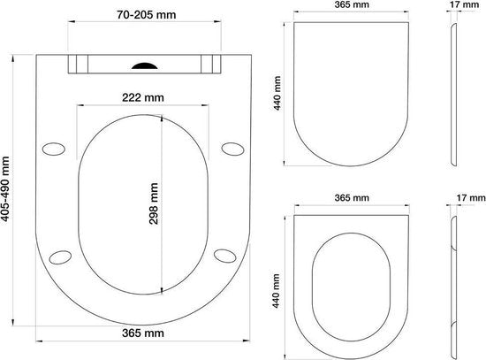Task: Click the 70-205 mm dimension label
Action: click(x=147, y=14)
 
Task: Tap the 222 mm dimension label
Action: click(x=143, y=98)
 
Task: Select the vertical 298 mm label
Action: click(x=154, y=203)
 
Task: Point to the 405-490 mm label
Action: click(x=5, y=189)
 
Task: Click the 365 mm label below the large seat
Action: click(x=143, y=333)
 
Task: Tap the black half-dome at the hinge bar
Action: click(x=145, y=65)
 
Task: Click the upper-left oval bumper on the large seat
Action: click(x=54, y=149)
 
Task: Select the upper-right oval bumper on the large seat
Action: click(x=232, y=149)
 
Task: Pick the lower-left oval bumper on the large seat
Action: click(x=60, y=257)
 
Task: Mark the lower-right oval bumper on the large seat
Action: click(x=225, y=256)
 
